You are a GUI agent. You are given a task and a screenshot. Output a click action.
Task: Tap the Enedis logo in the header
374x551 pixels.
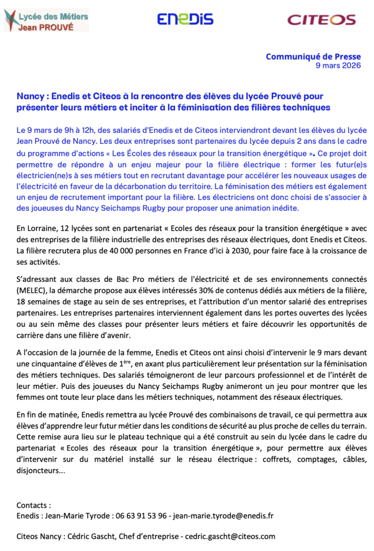(x=185, y=19)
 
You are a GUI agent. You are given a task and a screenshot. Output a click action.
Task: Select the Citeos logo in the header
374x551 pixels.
(x=321, y=20)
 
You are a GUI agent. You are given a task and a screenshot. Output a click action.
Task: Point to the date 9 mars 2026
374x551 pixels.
(x=338, y=66)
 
